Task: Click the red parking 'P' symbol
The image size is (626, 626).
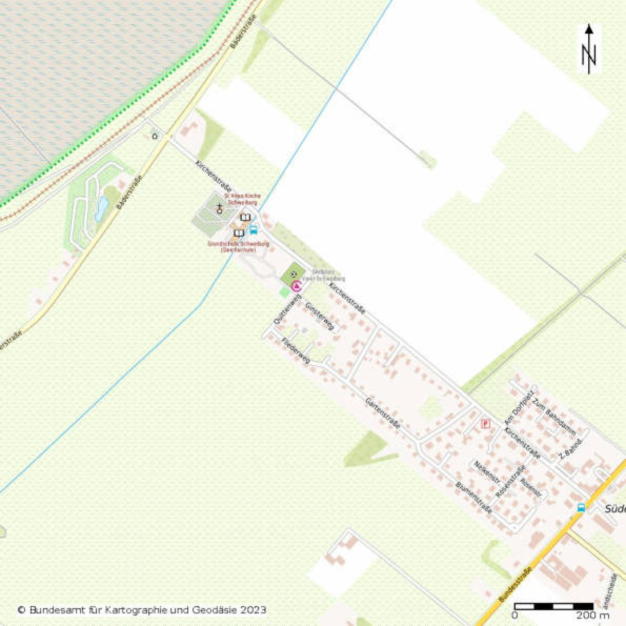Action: (x=485, y=423)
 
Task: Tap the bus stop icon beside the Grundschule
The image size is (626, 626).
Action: (x=253, y=230)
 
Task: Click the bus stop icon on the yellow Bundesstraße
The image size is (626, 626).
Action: (x=581, y=507)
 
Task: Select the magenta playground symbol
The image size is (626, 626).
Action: (x=296, y=286)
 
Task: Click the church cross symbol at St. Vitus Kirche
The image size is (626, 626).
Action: (x=220, y=209)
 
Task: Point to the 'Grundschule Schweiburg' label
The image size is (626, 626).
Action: (x=238, y=246)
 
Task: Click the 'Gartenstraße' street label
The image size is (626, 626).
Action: (x=383, y=413)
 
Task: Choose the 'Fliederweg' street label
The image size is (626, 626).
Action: (x=296, y=350)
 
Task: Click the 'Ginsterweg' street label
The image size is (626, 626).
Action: (x=320, y=317)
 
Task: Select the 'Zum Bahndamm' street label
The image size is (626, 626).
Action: (x=555, y=417)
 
